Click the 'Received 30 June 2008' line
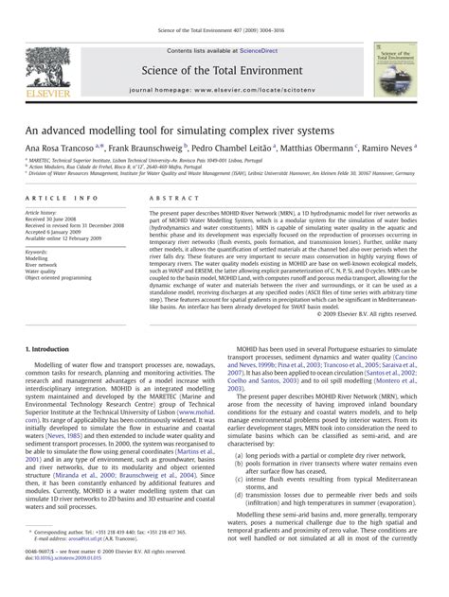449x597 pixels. click(56, 219)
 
